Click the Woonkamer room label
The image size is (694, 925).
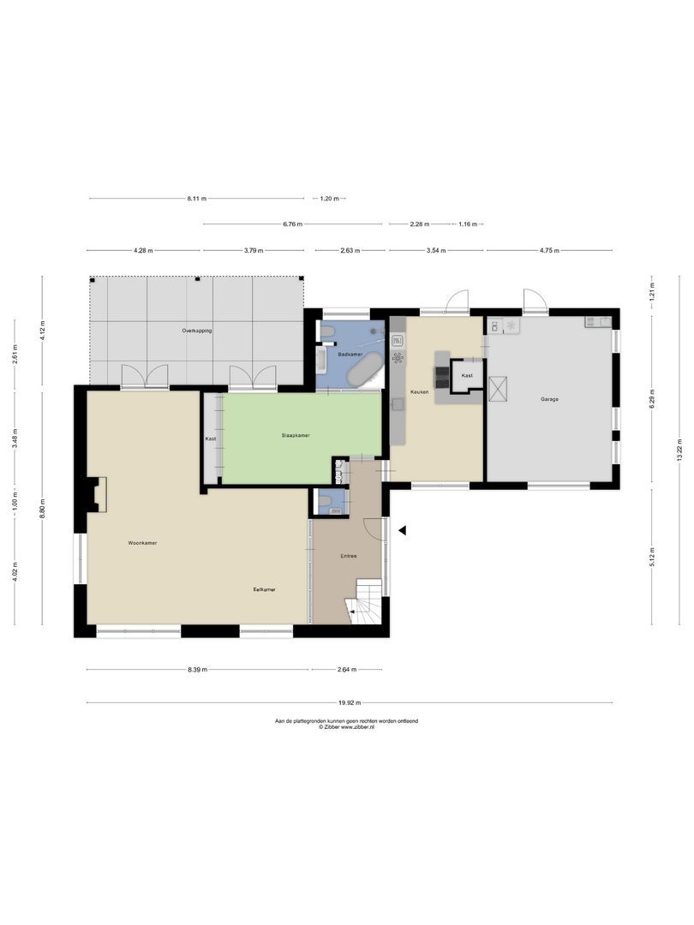coord(142,543)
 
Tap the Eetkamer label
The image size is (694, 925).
coord(264,589)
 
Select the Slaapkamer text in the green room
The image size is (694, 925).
coord(296,435)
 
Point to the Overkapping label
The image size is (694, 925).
coord(196,330)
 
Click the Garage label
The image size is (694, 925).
coord(550,399)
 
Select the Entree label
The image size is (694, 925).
coord(348,556)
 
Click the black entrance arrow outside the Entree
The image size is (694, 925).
coord(401,531)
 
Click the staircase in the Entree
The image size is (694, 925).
coord(368,600)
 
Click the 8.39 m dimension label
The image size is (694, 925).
coord(196,670)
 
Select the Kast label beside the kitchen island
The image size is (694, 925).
coord(467,376)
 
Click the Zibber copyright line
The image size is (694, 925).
coord(346,727)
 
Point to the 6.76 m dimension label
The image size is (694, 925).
coord(292,224)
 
